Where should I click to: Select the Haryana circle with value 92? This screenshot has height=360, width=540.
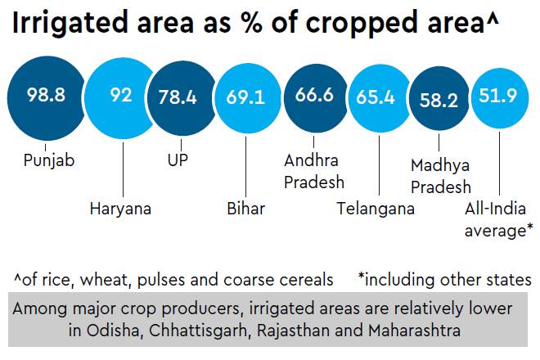[121, 97]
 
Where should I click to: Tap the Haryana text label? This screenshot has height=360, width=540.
[120, 209]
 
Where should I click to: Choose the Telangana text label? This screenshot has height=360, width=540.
[376, 209]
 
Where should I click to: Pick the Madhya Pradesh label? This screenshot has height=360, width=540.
[441, 177]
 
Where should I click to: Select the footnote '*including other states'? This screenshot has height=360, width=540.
[444, 280]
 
